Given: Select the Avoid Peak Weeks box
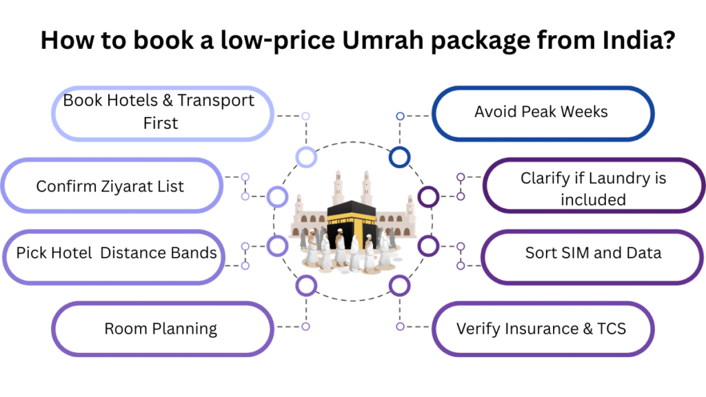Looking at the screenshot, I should point(542,112).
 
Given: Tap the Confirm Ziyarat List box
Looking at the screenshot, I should point(110,186).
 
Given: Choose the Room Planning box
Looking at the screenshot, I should point(161,329).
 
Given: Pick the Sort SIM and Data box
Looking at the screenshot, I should point(593,253).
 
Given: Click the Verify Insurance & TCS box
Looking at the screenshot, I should point(541,329).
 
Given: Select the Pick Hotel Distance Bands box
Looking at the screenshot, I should point(117,253).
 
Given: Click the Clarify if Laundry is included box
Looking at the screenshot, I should point(593,189).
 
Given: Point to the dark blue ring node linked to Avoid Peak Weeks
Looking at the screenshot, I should point(399,157).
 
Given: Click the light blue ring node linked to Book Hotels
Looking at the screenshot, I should point(306,157).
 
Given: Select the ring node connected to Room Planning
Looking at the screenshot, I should point(305,284).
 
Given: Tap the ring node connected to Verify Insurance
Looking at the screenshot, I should point(399,284).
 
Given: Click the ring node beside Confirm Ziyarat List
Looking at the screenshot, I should point(277,197).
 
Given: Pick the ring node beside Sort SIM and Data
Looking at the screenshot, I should point(428,245).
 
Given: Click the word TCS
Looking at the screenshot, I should point(611,329).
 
